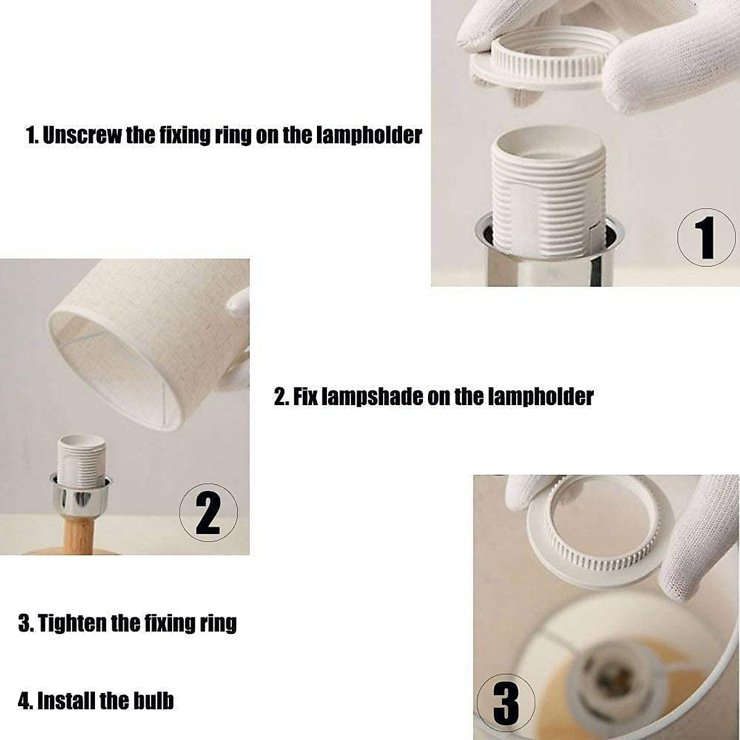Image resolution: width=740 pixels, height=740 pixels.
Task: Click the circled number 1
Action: tap(706, 237)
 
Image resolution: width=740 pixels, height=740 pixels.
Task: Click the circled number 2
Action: tap(208, 512)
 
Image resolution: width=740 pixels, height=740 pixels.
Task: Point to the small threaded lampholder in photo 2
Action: tap(81, 460)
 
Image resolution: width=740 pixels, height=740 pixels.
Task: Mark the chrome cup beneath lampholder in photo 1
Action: tap(549, 257)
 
